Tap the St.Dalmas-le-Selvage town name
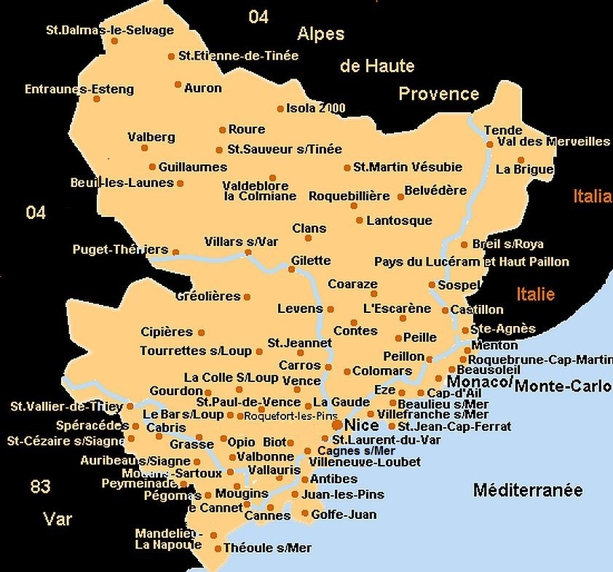(109, 31)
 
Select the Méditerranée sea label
(528, 490)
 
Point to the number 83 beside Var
(40, 487)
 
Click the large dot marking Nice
(337, 424)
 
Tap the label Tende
(503, 130)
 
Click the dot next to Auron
(178, 84)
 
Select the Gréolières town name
(207, 296)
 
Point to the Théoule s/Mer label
(267, 548)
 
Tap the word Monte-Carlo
(562, 386)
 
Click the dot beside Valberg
(145, 148)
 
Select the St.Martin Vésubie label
(408, 167)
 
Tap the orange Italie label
(536, 295)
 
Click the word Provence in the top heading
(438, 94)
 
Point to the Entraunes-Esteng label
(79, 90)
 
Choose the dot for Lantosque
(359, 221)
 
